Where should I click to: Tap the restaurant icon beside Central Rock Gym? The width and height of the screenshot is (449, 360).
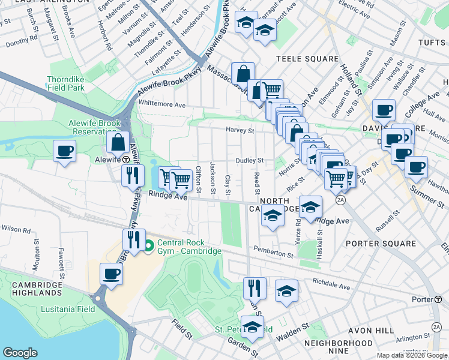(133, 239)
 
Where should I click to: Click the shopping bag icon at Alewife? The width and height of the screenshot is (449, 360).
(118, 142)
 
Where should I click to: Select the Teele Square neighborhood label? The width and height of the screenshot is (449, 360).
(307, 59)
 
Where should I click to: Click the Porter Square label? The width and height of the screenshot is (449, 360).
(381, 244)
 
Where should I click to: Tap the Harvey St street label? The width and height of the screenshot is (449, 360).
(240, 130)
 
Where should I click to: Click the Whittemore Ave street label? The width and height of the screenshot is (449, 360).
(162, 104)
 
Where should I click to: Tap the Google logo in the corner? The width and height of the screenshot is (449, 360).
(20, 352)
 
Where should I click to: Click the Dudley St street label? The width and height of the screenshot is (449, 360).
(249, 160)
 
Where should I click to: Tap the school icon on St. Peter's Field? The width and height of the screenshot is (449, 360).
(253, 328)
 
